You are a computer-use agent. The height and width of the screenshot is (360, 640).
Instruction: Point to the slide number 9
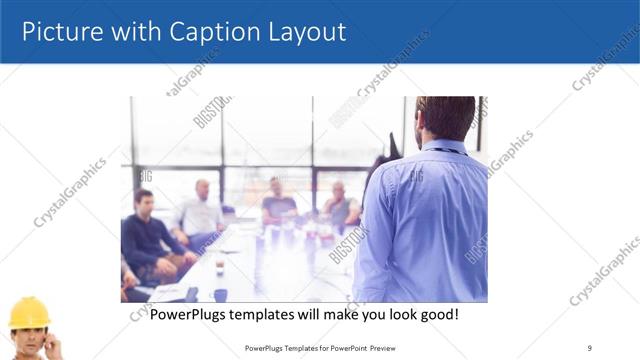click(x=589, y=348)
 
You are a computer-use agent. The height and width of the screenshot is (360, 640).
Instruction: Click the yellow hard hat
click(x=30, y=313)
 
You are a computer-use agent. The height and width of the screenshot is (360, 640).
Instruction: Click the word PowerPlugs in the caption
click(x=191, y=314)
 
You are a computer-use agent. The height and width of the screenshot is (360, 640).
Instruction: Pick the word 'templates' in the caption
click(x=271, y=314)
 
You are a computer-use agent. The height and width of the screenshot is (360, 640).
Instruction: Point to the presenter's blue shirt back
click(x=425, y=220)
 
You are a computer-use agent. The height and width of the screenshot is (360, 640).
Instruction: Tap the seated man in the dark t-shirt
click(x=279, y=205)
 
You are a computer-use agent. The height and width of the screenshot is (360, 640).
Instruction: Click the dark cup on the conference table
click(x=220, y=294)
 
